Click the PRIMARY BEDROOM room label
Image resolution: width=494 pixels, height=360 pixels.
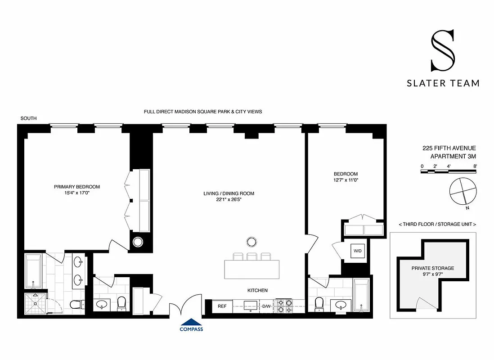point(77,187)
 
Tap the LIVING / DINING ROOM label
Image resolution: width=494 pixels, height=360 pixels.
point(229,193)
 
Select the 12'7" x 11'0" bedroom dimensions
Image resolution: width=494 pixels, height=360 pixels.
point(346,180)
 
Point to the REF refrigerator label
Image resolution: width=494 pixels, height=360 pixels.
point(222,306)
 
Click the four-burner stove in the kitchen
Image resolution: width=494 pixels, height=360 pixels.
point(284,306)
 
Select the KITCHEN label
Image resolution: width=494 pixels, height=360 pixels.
point(257,291)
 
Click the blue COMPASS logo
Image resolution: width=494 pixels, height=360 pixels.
point(191,325)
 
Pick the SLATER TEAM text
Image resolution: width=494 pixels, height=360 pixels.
point(443,83)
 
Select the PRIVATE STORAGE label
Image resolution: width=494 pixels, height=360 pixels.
point(432,268)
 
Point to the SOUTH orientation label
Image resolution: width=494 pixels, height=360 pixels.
point(28,118)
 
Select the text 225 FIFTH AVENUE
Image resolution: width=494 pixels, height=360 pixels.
point(449,148)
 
